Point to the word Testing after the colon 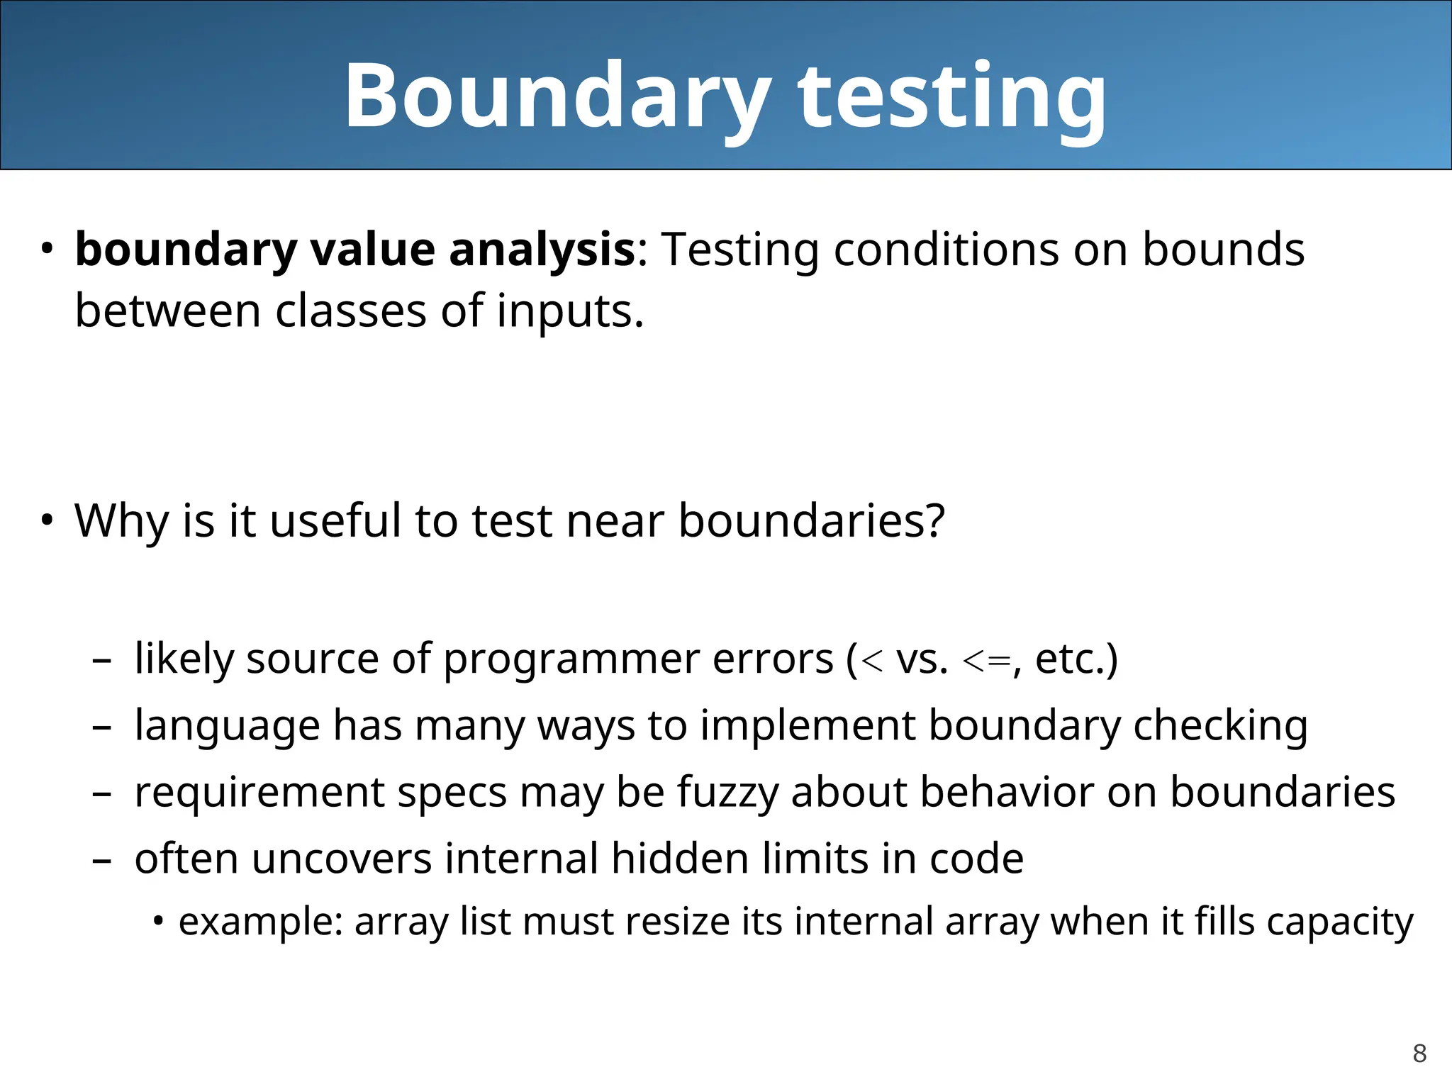tap(741, 250)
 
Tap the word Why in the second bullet tap(121, 520)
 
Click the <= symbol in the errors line tap(986, 661)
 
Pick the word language tap(227, 726)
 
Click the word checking tap(1219, 726)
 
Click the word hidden tap(679, 859)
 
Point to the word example tap(259, 922)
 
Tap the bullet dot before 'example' tap(159, 922)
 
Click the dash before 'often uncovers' tap(102, 860)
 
